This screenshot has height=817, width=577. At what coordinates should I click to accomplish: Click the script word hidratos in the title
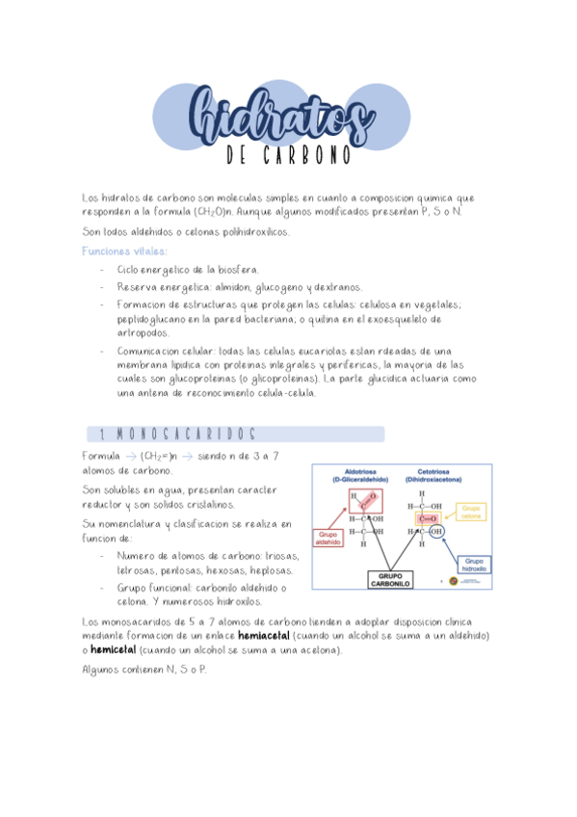click(280, 116)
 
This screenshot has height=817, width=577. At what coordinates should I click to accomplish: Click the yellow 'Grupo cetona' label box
click(472, 511)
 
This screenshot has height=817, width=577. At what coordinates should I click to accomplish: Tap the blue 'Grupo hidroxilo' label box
click(474, 565)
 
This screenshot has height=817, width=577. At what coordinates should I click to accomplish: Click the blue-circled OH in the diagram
click(436, 531)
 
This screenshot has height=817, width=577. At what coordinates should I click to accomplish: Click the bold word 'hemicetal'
click(116, 651)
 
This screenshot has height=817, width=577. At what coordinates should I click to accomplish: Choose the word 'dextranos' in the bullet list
click(336, 287)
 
